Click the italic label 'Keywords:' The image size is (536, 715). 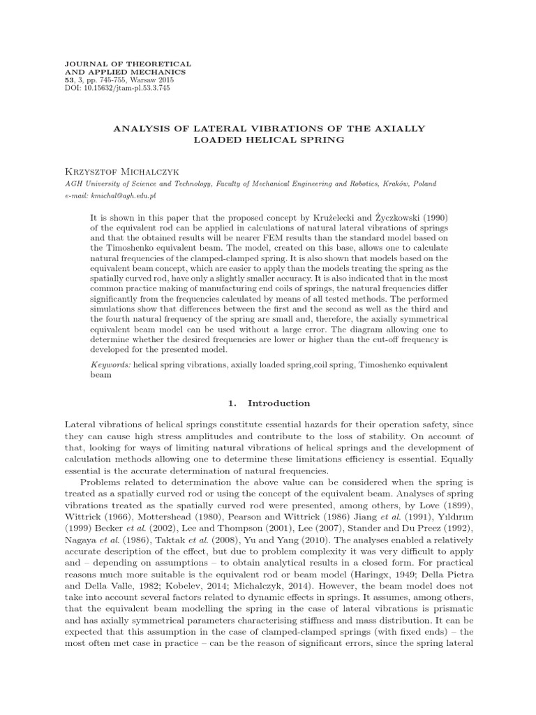[111, 364]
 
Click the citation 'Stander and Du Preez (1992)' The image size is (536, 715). [414, 528]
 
